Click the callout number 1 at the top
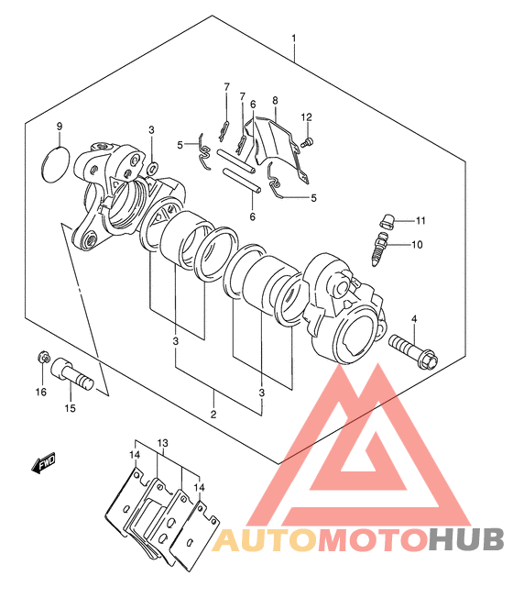pyautogui.click(x=294, y=39)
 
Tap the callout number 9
pyautogui.click(x=59, y=127)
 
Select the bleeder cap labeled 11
pyautogui.click(x=387, y=221)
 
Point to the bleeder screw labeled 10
pyautogui.click(x=380, y=248)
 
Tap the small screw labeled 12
pyautogui.click(x=307, y=143)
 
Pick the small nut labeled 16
pyautogui.click(x=44, y=358)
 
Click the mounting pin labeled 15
pyautogui.click(x=72, y=373)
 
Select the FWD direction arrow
pyautogui.click(x=43, y=462)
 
